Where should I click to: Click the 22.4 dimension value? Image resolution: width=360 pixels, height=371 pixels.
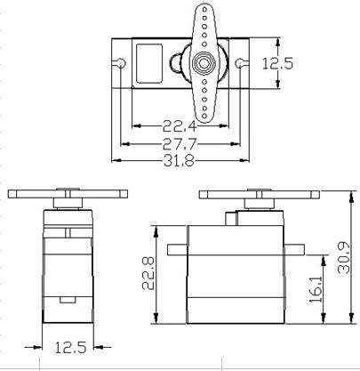[180, 126]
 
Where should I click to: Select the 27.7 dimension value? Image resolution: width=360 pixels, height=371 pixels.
[180, 144]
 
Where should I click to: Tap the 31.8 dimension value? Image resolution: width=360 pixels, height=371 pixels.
[180, 161]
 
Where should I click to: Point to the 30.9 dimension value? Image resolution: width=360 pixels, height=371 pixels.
[344, 257]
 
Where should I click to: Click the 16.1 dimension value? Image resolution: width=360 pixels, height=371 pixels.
[316, 290]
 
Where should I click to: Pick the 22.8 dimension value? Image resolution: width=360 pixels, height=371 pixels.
[148, 273]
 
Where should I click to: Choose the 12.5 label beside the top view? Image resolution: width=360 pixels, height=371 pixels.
[277, 63]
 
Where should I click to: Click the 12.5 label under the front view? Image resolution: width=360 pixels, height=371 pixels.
[70, 347]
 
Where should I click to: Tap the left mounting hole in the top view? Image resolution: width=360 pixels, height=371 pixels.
[122, 62]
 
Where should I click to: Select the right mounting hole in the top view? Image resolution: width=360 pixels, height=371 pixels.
[239, 62]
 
